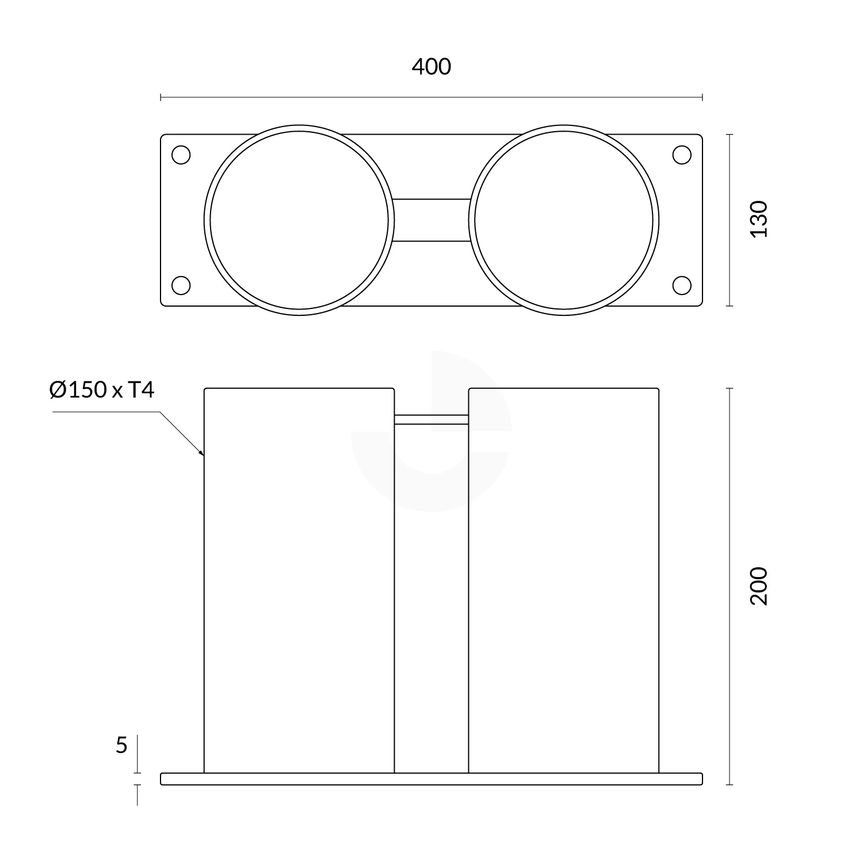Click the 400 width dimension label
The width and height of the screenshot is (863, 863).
pos(431,67)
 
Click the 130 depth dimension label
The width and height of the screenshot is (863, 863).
pos(759,219)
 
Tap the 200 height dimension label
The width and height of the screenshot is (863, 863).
pos(759,586)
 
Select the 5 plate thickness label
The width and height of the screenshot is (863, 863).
pos(121,746)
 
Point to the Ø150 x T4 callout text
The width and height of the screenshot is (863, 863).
pos(102,391)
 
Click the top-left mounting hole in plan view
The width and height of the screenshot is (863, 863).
pos(181,155)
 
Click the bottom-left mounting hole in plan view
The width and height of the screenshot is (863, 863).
pos(181,285)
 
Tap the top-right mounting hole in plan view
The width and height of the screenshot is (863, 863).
pos(682,155)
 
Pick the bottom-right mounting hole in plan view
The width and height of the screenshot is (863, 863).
pos(682,285)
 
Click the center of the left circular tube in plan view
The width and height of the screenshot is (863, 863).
pos(299,220)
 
